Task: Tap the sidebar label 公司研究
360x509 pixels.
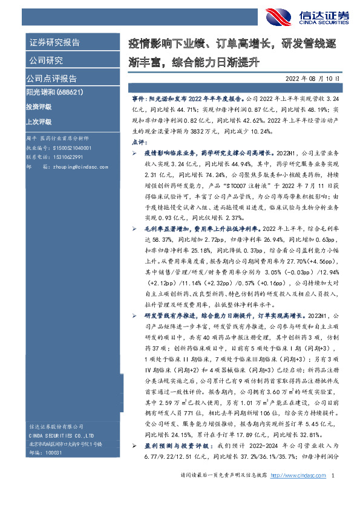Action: pyautogui.click(x=45, y=60)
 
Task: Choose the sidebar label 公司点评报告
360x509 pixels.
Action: pyautogui.click(x=51, y=79)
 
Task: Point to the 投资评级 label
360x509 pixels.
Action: pyautogui.click(x=39, y=106)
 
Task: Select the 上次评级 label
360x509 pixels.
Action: pyautogui.click(x=39, y=121)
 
